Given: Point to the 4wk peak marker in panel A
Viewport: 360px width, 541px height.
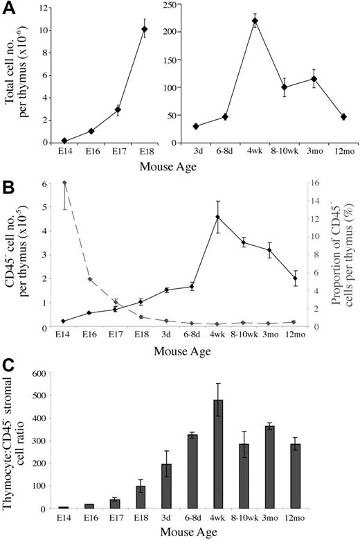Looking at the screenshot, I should click(255, 21).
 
